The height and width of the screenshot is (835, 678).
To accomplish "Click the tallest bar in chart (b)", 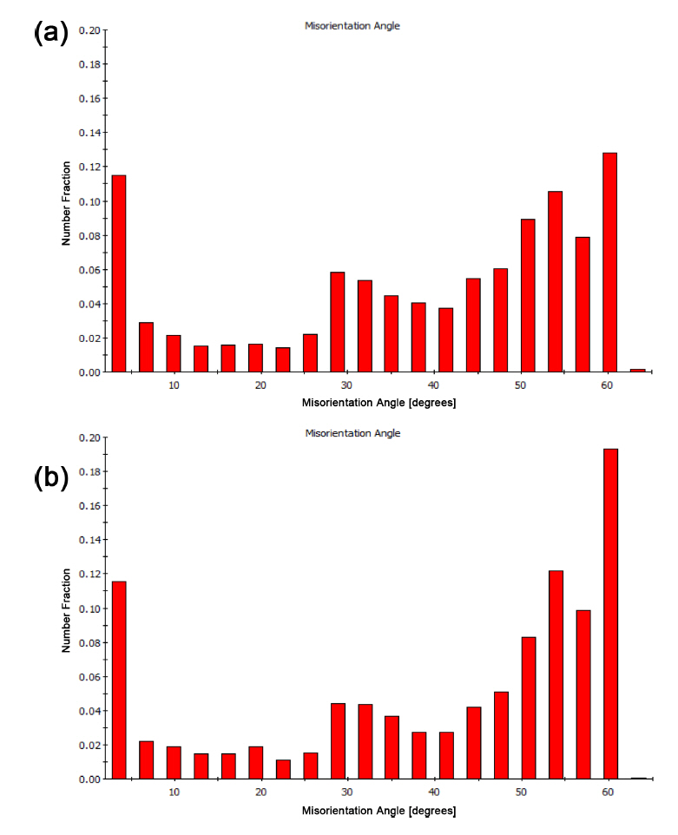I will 610,614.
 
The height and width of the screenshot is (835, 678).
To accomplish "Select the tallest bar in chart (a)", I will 610,262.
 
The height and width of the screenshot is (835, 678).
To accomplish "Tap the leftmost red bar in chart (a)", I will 119,273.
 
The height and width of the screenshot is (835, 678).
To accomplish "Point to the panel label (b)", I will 50,477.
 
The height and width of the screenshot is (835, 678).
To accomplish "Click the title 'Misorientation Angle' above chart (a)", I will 352,26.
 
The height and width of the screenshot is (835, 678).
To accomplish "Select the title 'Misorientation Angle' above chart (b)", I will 352,432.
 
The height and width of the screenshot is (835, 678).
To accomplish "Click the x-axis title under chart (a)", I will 378,404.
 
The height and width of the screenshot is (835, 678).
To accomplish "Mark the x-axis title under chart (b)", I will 378,811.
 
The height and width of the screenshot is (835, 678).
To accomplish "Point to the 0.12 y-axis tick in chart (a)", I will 89,167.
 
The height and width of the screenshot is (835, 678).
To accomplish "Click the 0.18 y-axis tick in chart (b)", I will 89,471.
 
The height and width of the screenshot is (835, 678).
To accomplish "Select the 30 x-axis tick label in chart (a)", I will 346,385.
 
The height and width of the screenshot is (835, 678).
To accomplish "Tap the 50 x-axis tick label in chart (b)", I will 520,792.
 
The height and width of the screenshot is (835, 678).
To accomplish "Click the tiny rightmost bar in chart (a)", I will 637,370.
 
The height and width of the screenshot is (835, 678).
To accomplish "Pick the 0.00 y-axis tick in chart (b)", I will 89,779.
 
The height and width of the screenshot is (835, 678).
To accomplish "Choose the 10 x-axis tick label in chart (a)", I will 174,385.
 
